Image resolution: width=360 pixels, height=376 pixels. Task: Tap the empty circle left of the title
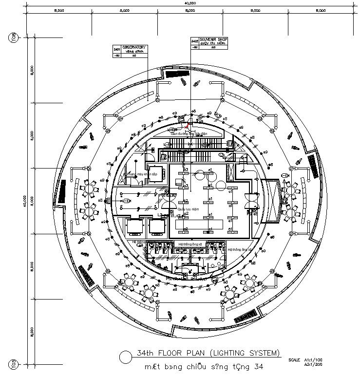[x=125, y=357]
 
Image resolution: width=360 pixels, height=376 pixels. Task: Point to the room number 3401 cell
[x=116, y=50]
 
